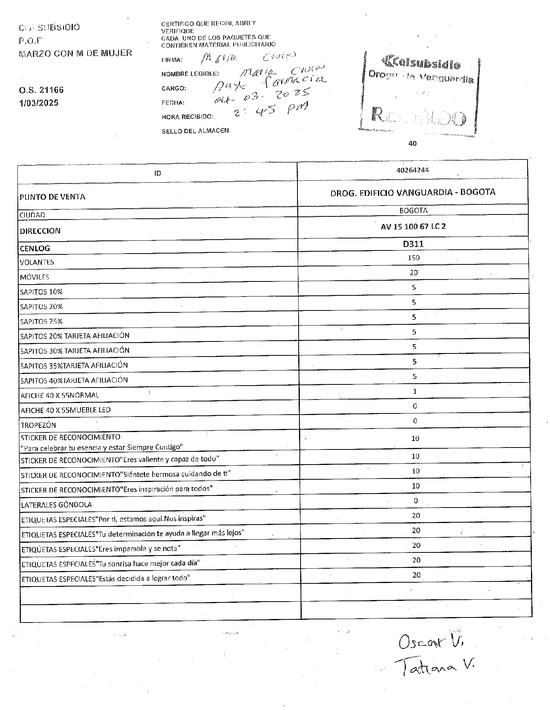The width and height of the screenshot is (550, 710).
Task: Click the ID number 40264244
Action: click(x=412, y=170)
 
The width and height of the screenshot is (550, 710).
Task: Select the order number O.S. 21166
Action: click(x=41, y=90)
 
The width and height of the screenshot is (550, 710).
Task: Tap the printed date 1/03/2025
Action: click(x=39, y=103)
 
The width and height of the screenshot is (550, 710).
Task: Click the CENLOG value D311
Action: click(x=413, y=244)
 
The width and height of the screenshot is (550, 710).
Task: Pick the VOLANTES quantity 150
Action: click(x=413, y=258)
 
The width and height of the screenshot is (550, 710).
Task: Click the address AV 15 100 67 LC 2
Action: click(x=413, y=226)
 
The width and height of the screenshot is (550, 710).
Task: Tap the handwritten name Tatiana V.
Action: click(x=434, y=667)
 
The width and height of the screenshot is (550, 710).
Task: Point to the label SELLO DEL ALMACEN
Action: click(x=195, y=131)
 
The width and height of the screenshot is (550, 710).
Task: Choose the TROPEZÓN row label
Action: click(x=38, y=425)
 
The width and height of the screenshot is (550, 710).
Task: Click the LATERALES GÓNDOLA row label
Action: click(x=57, y=505)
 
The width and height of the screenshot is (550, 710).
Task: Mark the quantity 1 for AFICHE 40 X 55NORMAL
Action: click(x=414, y=391)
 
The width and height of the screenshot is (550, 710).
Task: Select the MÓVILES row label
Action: click(x=34, y=277)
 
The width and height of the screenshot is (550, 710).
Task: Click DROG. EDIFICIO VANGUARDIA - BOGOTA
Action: click(x=412, y=192)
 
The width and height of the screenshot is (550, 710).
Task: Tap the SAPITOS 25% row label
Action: click(x=41, y=321)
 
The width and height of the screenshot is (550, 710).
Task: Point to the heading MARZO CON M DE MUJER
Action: click(x=76, y=53)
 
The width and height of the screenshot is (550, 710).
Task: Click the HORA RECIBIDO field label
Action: click(x=187, y=117)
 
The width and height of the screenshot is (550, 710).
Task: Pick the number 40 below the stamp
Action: click(x=412, y=144)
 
